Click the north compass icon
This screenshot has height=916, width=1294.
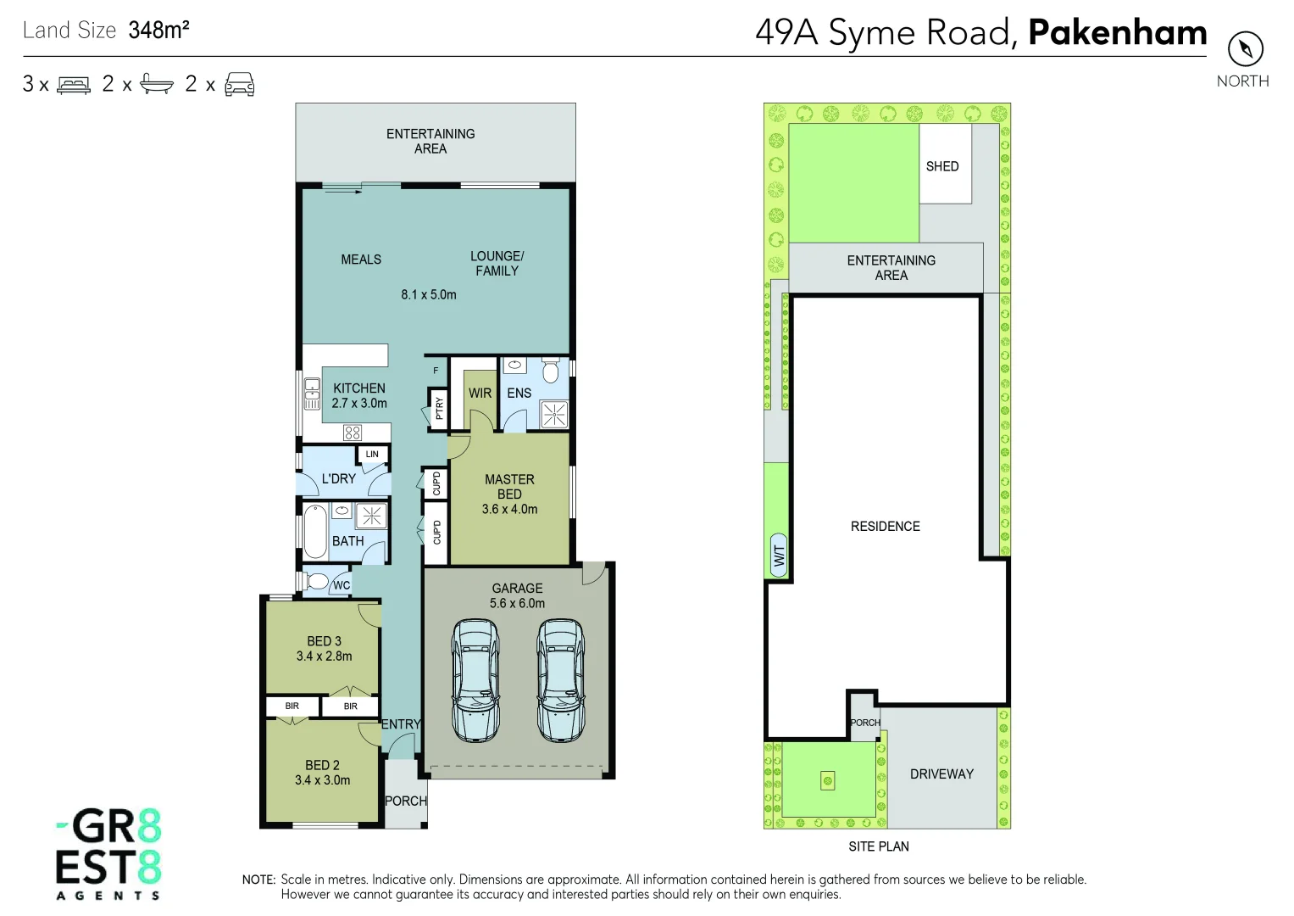[x=1245, y=48]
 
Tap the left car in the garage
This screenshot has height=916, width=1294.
[x=475, y=680]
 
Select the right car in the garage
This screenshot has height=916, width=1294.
[x=560, y=680]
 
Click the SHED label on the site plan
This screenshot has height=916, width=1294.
[x=942, y=166]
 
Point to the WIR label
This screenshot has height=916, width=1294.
[x=480, y=394]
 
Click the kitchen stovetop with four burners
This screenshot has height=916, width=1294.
[x=353, y=433]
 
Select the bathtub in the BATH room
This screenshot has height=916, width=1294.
[x=315, y=531]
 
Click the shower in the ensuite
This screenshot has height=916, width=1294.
[x=554, y=415]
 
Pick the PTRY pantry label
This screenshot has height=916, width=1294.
[x=439, y=409]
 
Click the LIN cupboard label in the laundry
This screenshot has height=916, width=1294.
[x=372, y=455]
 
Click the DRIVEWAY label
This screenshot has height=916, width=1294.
[x=941, y=774]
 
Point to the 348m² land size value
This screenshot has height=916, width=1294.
[x=158, y=31]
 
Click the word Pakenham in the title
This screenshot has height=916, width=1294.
[x=1117, y=33]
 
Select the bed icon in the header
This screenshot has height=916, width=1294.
[x=74, y=85]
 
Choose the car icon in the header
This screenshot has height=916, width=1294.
[x=240, y=85]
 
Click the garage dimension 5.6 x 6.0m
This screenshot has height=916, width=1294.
[x=517, y=604]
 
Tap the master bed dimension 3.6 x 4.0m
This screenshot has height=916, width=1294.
[x=509, y=510]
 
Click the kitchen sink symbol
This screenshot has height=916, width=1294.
[x=312, y=394]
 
